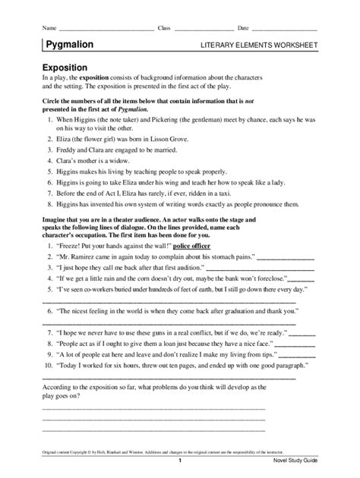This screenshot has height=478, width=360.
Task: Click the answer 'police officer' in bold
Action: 216,247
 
